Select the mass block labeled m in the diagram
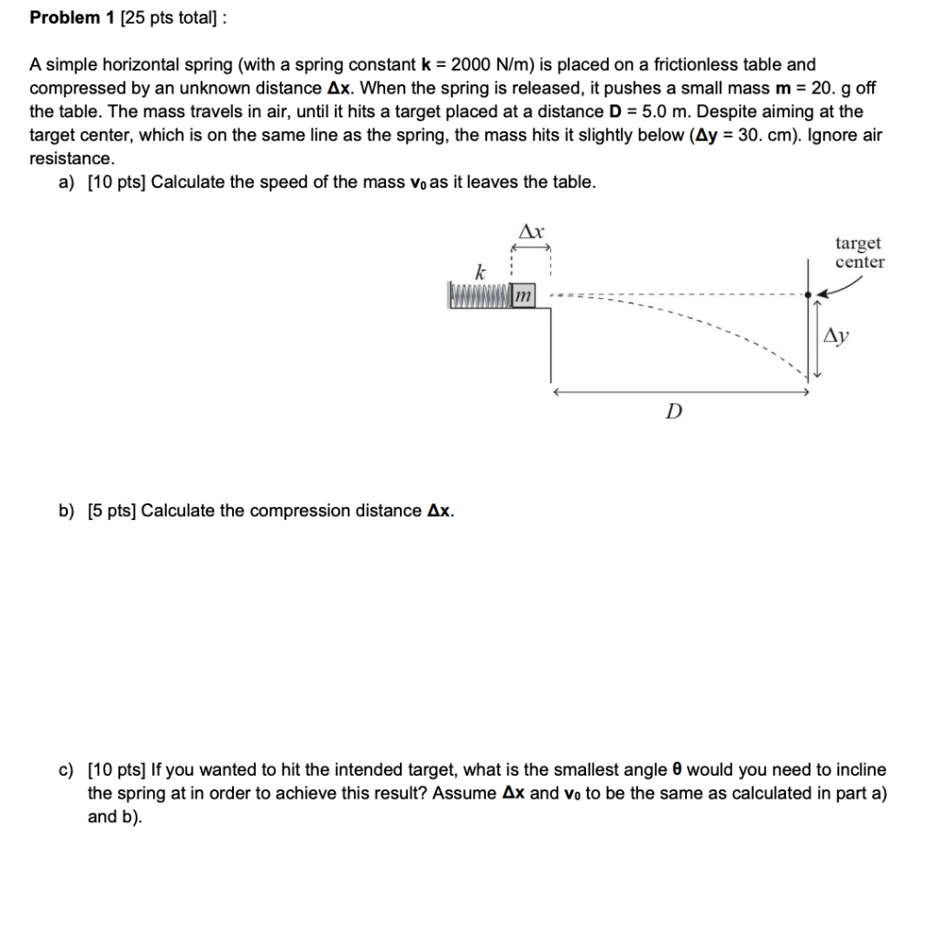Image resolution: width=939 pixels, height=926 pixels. (x=523, y=295)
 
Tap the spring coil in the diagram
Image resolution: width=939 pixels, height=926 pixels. (x=478, y=295)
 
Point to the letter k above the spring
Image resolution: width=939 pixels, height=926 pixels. (x=478, y=271)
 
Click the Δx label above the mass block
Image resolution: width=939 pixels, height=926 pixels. (x=532, y=232)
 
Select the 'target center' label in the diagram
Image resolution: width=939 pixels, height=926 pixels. (x=859, y=253)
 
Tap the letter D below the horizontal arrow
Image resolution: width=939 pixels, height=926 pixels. (x=674, y=412)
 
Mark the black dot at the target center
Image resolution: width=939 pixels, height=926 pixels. (x=808, y=295)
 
